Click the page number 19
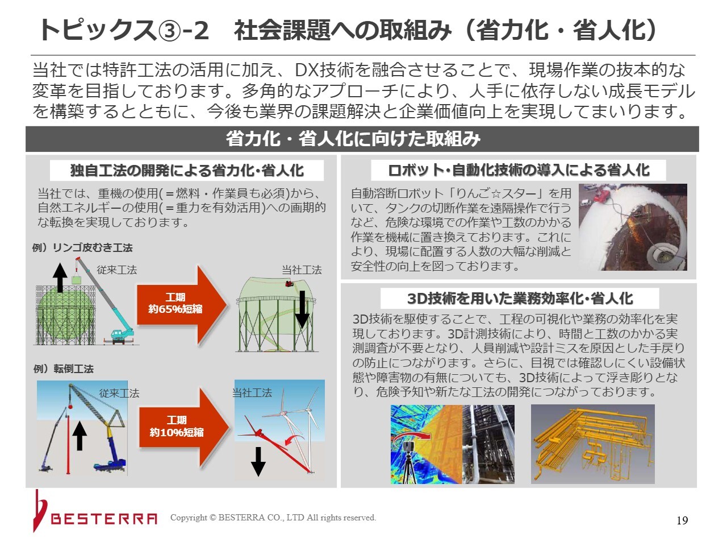(682, 520)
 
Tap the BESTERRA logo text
(104, 519)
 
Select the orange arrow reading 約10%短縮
(184, 427)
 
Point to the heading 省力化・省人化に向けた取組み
(353, 139)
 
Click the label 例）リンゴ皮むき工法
(82, 247)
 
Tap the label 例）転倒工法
(64, 369)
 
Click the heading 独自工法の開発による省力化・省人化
(187, 171)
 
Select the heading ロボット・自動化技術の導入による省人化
(519, 170)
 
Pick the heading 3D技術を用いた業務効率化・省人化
(520, 299)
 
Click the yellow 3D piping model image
(592, 444)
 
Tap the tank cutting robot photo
(633, 227)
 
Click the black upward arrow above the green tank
(60, 278)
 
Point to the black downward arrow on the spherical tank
(302, 309)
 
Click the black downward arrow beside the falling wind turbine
(258, 461)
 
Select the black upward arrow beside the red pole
(80, 436)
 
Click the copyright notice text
(273, 518)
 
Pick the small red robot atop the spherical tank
(290, 283)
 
